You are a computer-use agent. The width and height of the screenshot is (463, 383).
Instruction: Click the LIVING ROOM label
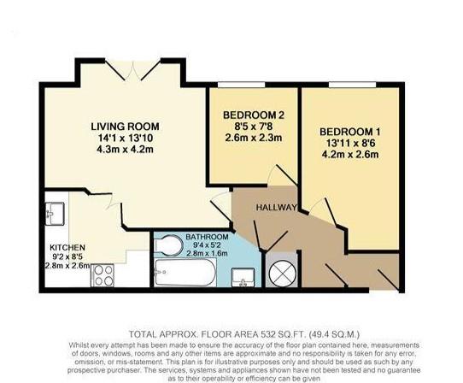pyautogui.click(x=122, y=127)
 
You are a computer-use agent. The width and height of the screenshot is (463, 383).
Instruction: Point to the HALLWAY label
pyautogui.click(x=275, y=209)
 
